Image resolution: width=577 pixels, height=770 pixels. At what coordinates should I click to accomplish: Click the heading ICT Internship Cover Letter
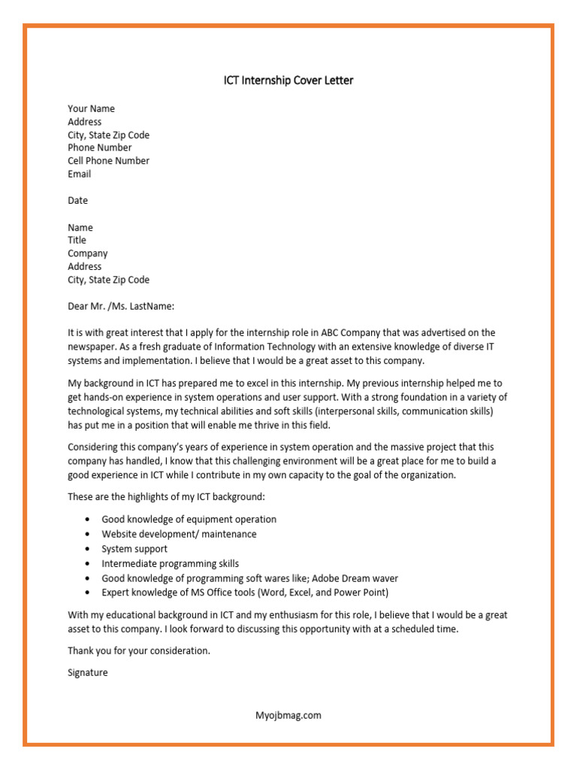click(x=288, y=80)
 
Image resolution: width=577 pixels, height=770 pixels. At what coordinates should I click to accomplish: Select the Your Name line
click(x=91, y=109)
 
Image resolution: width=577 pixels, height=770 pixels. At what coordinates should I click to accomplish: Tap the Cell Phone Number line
click(x=108, y=161)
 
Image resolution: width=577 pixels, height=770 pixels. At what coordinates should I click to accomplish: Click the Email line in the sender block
click(x=79, y=174)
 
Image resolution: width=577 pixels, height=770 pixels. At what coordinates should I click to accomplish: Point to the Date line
click(x=77, y=201)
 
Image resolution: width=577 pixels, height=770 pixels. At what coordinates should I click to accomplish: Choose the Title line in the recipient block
click(x=77, y=241)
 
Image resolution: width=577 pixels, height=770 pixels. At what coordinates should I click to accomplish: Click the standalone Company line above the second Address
click(x=87, y=254)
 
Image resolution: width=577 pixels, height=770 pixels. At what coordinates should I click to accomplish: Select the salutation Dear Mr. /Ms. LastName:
click(x=121, y=306)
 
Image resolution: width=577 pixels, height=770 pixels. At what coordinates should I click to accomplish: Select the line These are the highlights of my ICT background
click(x=166, y=497)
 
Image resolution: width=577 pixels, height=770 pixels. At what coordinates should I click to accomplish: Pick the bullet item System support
click(x=134, y=549)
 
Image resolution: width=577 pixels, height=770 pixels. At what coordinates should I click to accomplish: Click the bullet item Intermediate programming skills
click(x=170, y=563)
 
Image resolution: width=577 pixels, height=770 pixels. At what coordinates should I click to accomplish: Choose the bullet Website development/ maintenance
click(x=179, y=534)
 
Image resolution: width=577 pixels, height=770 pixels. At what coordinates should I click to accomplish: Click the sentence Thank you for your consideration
click(x=139, y=650)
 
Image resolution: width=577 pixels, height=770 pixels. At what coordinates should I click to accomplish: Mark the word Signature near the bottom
click(x=88, y=673)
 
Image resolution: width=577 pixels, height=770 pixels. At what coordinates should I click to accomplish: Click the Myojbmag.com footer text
click(x=288, y=715)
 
